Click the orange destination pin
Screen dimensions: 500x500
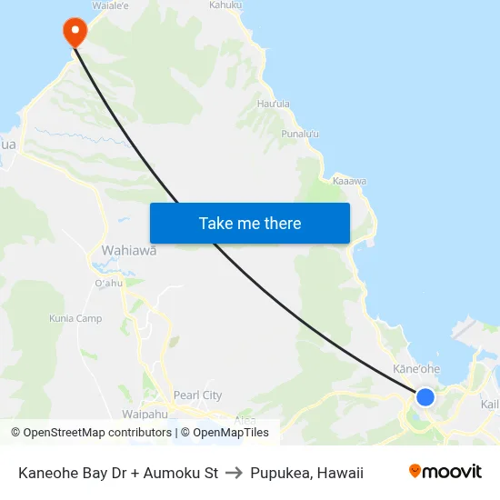point(74,32)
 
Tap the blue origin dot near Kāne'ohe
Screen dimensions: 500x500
point(425,396)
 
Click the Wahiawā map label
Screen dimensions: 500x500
point(129,250)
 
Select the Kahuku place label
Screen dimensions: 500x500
point(225,5)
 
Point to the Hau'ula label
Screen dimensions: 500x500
point(274,105)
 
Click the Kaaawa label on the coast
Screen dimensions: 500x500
point(349,181)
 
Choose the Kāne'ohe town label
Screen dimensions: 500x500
point(416,369)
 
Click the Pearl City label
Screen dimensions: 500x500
point(198,395)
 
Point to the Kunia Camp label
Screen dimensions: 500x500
point(75,319)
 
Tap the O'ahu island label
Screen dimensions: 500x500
point(108,284)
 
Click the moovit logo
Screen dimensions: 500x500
point(445,471)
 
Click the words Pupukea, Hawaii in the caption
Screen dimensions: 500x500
point(307,473)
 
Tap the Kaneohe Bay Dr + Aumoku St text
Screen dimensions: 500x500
point(118,473)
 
